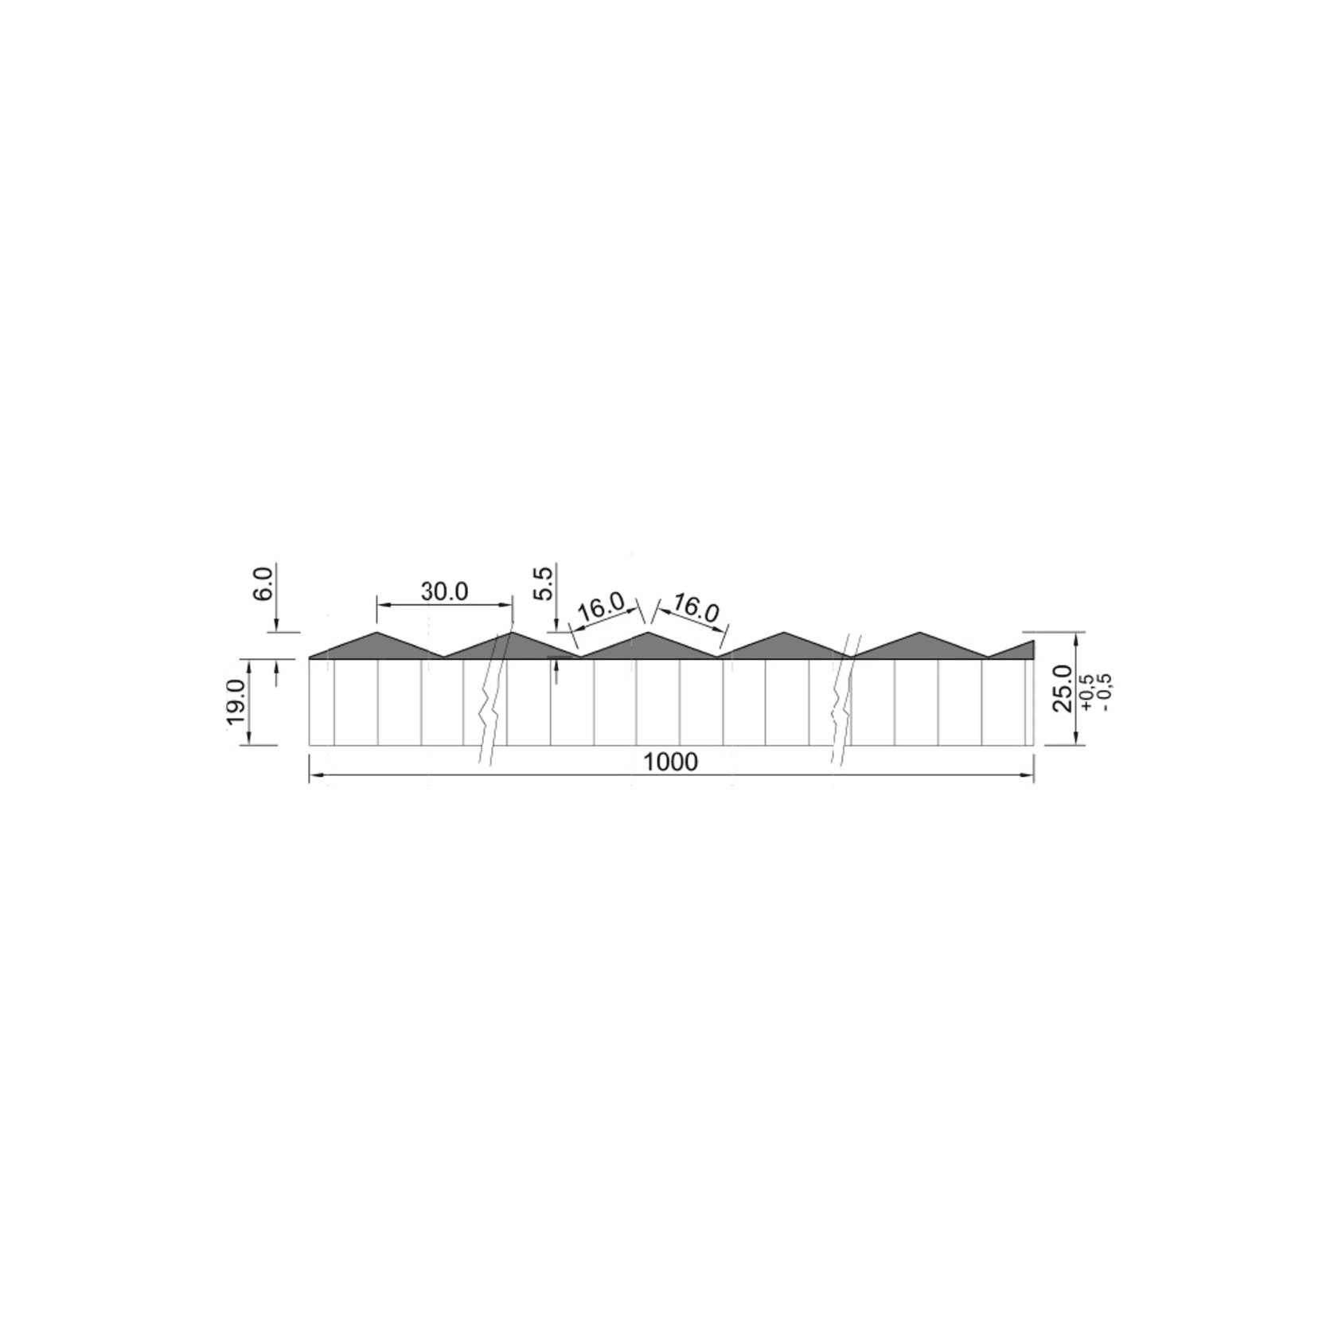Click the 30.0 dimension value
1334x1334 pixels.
point(444,591)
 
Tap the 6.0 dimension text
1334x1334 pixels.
point(265,583)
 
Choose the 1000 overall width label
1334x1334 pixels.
point(670,763)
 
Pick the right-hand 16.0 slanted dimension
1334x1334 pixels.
point(695,609)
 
